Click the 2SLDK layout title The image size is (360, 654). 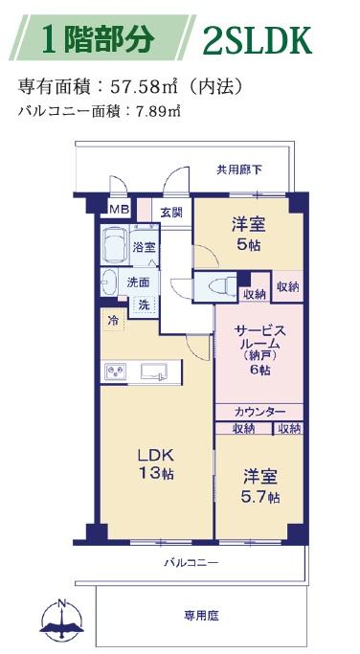tap(258, 41)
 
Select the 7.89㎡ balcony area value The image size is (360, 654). tap(157, 112)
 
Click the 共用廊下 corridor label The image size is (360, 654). tap(239, 169)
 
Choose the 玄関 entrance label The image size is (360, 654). tap(171, 212)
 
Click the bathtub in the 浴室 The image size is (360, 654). tap(115, 245)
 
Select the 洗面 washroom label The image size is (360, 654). tap(138, 282)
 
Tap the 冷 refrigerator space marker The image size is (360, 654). tap(113, 321)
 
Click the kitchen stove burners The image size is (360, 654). tap(116, 372)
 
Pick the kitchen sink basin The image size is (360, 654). tap(154, 372)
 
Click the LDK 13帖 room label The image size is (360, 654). tap(155, 463)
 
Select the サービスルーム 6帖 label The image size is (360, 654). tap(259, 350)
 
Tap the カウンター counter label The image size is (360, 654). tap(259, 412)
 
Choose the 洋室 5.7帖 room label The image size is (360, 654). tap(260, 486)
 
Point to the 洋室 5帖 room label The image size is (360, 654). tap(249, 235)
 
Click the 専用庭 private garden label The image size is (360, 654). tap(201, 615)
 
